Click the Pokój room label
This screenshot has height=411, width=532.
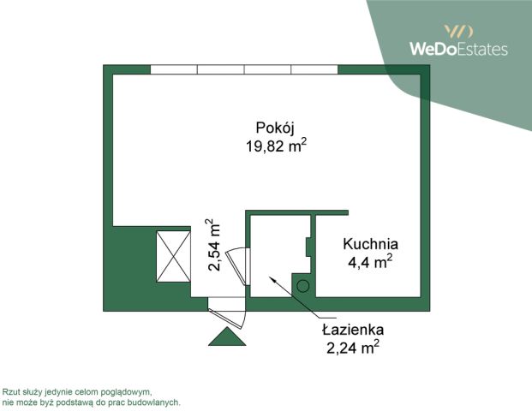(276, 128)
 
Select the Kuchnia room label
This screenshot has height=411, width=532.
(370, 244)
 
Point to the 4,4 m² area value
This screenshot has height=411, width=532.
(370, 262)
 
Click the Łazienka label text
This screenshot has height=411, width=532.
(353, 330)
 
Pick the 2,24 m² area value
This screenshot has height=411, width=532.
(353, 347)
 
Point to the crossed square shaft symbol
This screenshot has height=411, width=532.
(172, 257)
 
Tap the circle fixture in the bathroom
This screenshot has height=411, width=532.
(302, 287)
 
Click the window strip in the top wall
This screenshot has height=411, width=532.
(243, 69)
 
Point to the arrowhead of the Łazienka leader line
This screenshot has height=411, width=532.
(271, 278)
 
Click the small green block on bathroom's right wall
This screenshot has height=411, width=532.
(308, 246)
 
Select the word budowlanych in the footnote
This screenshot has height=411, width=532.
(156, 401)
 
